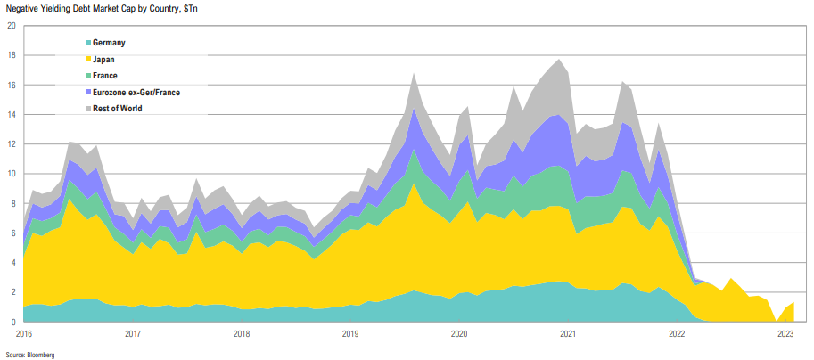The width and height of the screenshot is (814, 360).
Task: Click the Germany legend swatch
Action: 87,43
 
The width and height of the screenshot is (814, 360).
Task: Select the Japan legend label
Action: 103,60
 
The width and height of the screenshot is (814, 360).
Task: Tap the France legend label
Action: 105,76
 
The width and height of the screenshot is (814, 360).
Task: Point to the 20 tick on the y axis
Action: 11,26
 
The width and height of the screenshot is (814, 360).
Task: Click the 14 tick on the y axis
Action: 11,115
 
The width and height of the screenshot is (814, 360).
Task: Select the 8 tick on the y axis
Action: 12,203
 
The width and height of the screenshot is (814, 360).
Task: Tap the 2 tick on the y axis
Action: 12,292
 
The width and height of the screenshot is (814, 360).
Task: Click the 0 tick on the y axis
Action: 12,322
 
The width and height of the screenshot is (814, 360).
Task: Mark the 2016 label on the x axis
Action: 24,334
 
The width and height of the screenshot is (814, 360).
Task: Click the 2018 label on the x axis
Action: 242,334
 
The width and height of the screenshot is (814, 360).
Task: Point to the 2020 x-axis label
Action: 459,334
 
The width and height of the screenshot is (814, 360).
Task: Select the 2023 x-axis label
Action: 786,334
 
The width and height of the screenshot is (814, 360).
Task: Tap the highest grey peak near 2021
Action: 559,61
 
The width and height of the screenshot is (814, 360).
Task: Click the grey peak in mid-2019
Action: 414,75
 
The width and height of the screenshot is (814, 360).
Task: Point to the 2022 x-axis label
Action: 678,334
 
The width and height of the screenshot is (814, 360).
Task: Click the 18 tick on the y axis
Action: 11,55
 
